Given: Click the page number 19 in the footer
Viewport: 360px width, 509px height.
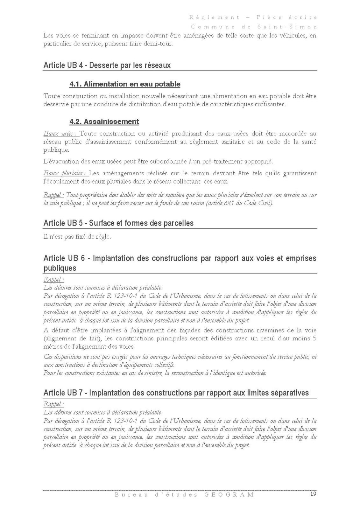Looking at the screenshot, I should [313, 494].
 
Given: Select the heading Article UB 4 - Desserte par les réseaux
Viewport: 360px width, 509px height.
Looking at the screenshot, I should [107, 65].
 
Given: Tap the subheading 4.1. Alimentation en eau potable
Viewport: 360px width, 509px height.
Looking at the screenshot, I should [125, 84].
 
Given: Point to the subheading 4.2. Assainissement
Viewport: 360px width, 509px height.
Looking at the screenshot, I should [104, 122].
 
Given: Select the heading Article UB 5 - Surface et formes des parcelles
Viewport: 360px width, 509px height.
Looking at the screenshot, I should [118, 223].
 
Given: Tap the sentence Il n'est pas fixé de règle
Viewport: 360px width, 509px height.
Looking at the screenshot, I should [77, 237].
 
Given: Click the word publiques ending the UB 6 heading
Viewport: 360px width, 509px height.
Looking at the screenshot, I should [60, 268].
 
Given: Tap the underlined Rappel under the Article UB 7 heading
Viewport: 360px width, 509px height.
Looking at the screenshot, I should [53, 404].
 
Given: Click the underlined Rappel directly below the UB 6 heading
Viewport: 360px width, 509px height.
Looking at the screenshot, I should [53, 280].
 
